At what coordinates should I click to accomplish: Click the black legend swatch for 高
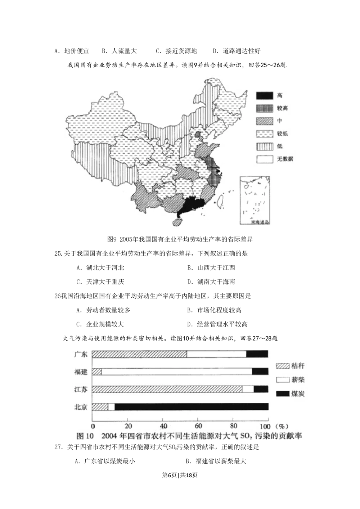(264, 96)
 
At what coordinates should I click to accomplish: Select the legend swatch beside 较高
(264, 108)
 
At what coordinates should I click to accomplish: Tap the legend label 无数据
(285, 159)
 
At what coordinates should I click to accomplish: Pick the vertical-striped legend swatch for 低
(264, 147)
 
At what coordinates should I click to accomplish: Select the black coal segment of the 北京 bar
(191, 407)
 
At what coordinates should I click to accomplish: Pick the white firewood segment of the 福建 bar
(176, 371)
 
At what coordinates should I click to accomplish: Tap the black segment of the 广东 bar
(257, 354)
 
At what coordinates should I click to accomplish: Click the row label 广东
(81, 354)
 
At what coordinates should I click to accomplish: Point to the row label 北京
(81, 407)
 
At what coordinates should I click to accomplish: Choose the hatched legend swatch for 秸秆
(283, 366)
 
